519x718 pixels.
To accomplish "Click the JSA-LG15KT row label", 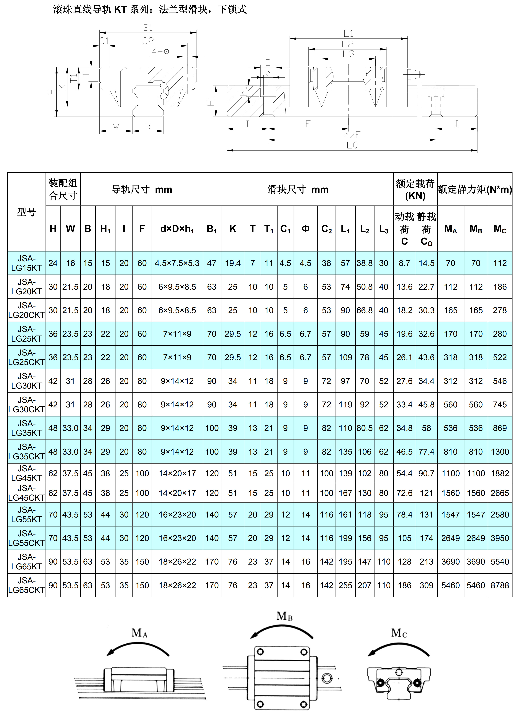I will pyautogui.click(x=27, y=263).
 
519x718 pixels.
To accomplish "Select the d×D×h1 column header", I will pyautogui.click(x=177, y=229).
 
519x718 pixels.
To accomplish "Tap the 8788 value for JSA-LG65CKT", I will pyautogui.click(x=500, y=585).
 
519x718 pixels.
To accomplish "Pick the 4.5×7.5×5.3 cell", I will pyautogui.click(x=177, y=263).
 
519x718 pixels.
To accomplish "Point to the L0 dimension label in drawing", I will pyautogui.click(x=352, y=146).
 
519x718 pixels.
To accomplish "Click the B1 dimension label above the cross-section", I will pyautogui.click(x=148, y=28).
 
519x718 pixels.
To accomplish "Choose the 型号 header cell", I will pyautogui.click(x=27, y=212).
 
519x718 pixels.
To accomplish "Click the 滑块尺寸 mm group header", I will pyautogui.click(x=298, y=189).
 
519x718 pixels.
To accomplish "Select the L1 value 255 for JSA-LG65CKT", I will pyautogui.click(x=345, y=585).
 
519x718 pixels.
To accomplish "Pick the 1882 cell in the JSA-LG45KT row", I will pyautogui.click(x=500, y=473).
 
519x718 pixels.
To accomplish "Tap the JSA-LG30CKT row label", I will pyautogui.click(x=27, y=405).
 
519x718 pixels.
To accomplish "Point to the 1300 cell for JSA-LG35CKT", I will pyautogui.click(x=500, y=452).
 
